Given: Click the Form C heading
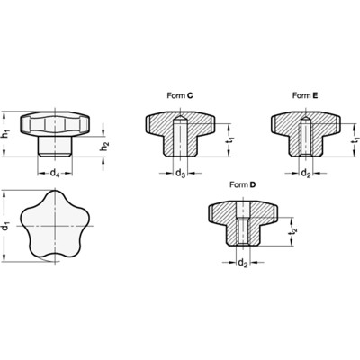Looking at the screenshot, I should pyautogui.click(x=175, y=94).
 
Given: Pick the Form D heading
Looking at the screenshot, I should pyautogui.click(x=243, y=184).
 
